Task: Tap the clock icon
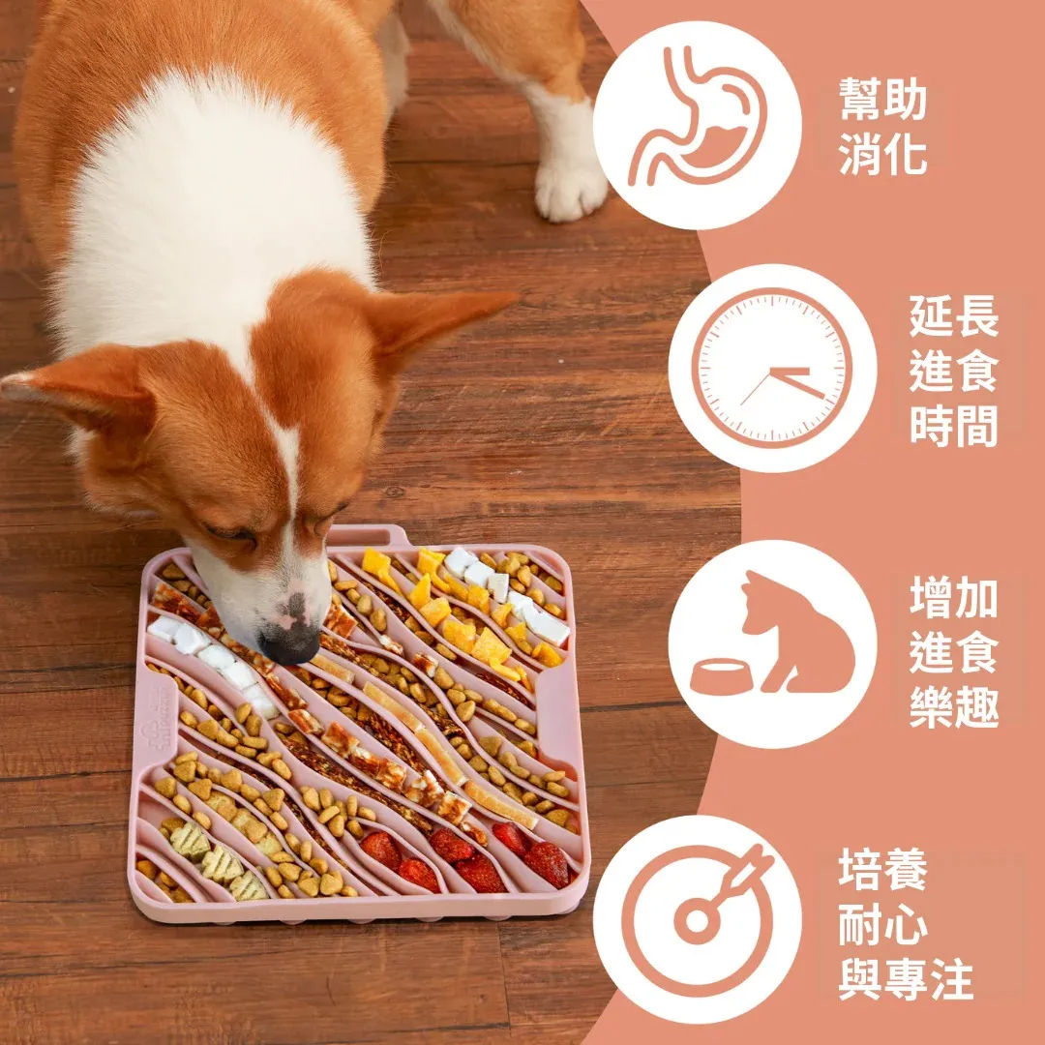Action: pos(772,368)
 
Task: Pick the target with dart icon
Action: pos(698,920)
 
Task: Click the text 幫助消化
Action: pos(883,126)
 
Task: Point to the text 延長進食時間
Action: pos(954,370)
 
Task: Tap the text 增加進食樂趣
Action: pos(954,652)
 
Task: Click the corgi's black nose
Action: pos(290,643)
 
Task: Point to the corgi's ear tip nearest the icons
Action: pos(513,297)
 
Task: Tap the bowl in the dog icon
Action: pos(722,675)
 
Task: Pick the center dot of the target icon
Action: pos(698,920)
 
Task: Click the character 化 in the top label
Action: pos(906,154)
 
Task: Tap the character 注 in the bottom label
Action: pos(952,979)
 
